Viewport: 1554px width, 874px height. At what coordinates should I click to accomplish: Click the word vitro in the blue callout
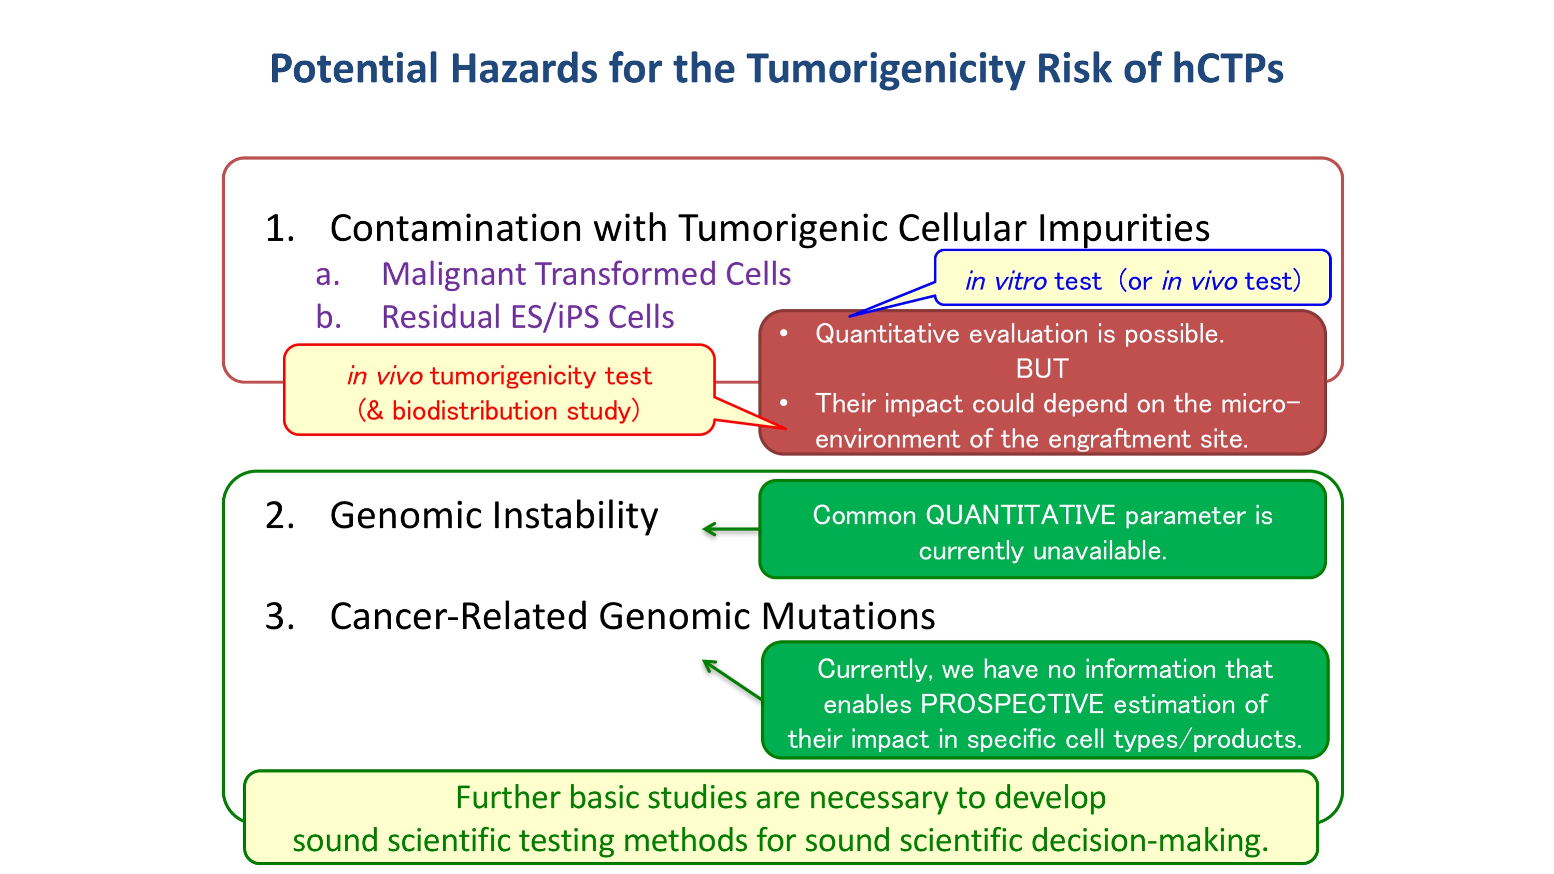tap(1020, 282)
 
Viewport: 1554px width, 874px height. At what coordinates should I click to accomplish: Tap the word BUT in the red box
tap(1042, 368)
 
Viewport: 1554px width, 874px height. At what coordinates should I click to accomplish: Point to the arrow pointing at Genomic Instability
tap(731, 529)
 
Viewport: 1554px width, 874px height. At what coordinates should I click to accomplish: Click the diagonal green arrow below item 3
tap(732, 679)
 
